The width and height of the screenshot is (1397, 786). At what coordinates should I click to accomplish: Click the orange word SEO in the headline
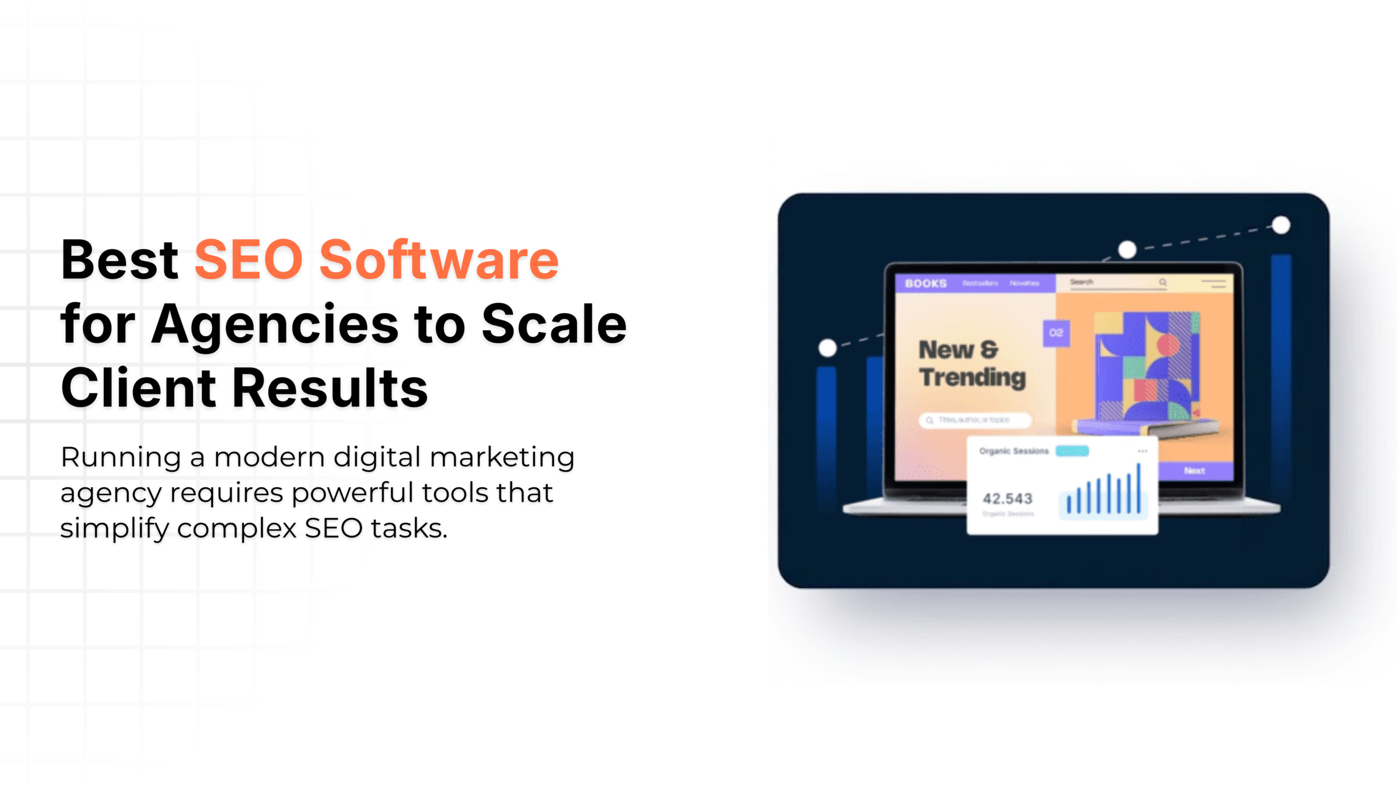coord(249,260)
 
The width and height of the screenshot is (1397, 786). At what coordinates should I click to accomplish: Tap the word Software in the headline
coord(439,260)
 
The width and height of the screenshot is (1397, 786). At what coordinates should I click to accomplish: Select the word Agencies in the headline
coord(274,324)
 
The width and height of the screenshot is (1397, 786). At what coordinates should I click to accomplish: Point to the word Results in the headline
coord(331,388)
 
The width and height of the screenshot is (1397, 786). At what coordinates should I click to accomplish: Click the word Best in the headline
coord(120,260)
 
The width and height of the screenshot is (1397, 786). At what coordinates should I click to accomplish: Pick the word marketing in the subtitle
coord(502,457)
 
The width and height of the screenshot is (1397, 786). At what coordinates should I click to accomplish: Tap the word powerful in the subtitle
coord(353,493)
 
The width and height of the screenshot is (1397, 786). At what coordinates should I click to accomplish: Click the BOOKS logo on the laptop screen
coord(926,283)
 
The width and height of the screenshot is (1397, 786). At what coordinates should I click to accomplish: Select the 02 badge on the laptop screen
coord(1056,333)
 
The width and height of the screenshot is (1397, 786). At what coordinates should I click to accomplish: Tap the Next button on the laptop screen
coord(1195,471)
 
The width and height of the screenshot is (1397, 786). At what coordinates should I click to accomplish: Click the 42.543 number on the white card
coord(1007,498)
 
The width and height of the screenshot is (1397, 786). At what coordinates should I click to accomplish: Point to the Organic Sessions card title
coord(1014,451)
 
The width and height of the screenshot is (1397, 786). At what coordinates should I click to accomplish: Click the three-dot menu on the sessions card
coord(1142,451)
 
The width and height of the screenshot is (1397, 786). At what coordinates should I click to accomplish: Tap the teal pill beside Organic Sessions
coord(1072,451)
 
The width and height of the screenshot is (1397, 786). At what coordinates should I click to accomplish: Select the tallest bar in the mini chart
coord(1139,488)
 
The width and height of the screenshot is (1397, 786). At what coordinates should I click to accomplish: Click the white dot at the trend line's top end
coord(1281,225)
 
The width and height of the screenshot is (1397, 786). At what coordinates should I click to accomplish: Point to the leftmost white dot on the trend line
coord(828,348)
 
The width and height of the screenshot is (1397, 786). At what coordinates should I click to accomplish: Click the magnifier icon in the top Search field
coord(1163,282)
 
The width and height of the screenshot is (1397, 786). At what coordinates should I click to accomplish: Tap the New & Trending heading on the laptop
coord(972,364)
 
